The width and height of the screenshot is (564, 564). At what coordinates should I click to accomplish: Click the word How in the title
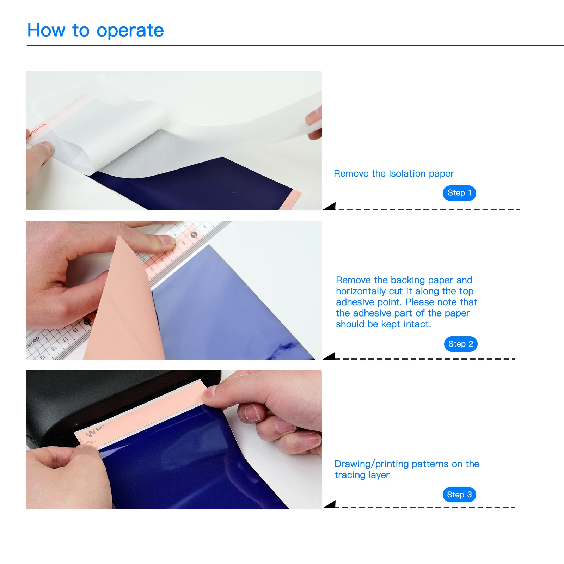46,30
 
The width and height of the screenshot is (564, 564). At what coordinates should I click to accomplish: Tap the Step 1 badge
459,193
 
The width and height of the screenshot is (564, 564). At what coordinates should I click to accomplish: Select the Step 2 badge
461,344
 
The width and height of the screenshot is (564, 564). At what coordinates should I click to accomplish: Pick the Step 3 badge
459,495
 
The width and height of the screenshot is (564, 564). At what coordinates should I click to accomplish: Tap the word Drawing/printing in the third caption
372,464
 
